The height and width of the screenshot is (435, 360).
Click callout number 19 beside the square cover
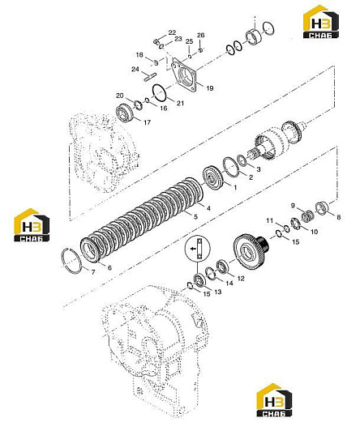(x=210, y=88)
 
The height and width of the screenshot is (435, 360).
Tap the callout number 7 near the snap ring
(x=93, y=272)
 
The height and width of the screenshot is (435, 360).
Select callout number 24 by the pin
(x=135, y=69)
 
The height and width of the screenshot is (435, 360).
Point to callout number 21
(x=181, y=103)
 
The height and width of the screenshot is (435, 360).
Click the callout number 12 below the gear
(x=241, y=278)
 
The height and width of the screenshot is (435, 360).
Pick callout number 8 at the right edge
(x=338, y=217)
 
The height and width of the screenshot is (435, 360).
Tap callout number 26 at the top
(x=200, y=35)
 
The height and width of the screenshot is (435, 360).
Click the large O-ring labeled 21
(x=160, y=92)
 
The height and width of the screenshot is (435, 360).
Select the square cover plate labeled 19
(x=184, y=75)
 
